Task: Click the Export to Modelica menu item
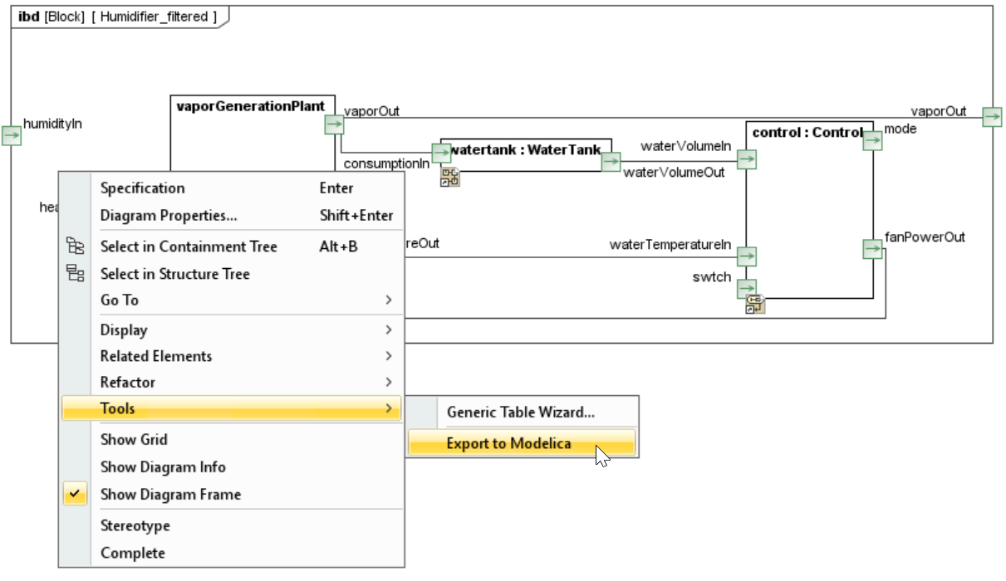pyautogui.click(x=508, y=443)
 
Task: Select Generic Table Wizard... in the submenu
pyautogui.click(x=520, y=412)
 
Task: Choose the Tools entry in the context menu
pyautogui.click(x=117, y=408)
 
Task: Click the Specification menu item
pyautogui.click(x=142, y=188)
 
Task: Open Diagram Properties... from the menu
pyautogui.click(x=169, y=216)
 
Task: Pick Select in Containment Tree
pyautogui.click(x=189, y=247)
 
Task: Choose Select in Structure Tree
pyautogui.click(x=174, y=274)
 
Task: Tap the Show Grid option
pyautogui.click(x=134, y=440)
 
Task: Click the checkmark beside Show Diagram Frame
pyautogui.click(x=75, y=495)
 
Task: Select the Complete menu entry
pyautogui.click(x=133, y=553)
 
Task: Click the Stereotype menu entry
pyautogui.click(x=135, y=526)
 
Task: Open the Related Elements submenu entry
pyautogui.click(x=156, y=356)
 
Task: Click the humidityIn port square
pyautogui.click(x=12, y=135)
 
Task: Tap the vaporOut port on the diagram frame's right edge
pyautogui.click(x=992, y=117)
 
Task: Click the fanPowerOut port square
pyautogui.click(x=872, y=249)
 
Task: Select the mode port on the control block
pyautogui.click(x=872, y=141)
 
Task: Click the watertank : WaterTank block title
pyautogui.click(x=525, y=150)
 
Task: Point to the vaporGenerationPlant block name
pyautogui.click(x=250, y=106)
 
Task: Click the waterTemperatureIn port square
pyautogui.click(x=747, y=256)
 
